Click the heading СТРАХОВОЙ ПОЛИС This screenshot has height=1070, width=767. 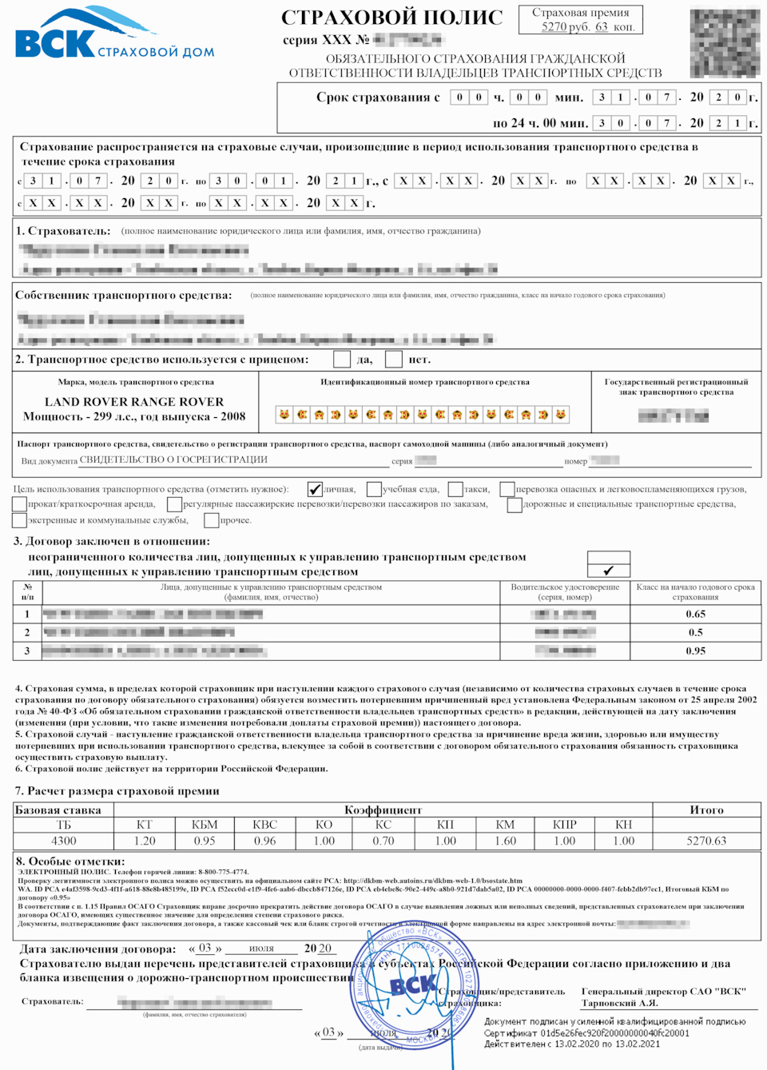pos(391,18)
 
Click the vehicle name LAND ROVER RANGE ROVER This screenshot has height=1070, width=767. pos(134,402)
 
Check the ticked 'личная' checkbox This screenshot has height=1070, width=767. pos(316,489)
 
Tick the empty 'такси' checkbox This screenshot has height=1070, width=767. pos(455,489)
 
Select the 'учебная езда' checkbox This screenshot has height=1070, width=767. pos(374,489)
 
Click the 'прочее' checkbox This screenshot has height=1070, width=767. pos(212,520)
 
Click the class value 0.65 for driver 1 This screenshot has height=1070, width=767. pos(695,614)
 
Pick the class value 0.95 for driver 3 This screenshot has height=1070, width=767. pos(695,650)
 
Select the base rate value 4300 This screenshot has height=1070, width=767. pos(64,841)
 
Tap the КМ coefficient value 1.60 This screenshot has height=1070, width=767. pos(505,841)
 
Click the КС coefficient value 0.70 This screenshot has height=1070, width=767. pos(383,841)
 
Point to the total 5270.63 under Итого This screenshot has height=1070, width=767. pos(706,841)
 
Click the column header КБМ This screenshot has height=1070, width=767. pos(205,825)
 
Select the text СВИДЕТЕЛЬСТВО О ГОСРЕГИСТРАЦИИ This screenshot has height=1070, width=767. pos(173,459)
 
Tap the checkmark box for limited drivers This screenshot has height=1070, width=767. pos(608,571)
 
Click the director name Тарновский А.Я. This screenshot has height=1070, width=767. pos(619,1003)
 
